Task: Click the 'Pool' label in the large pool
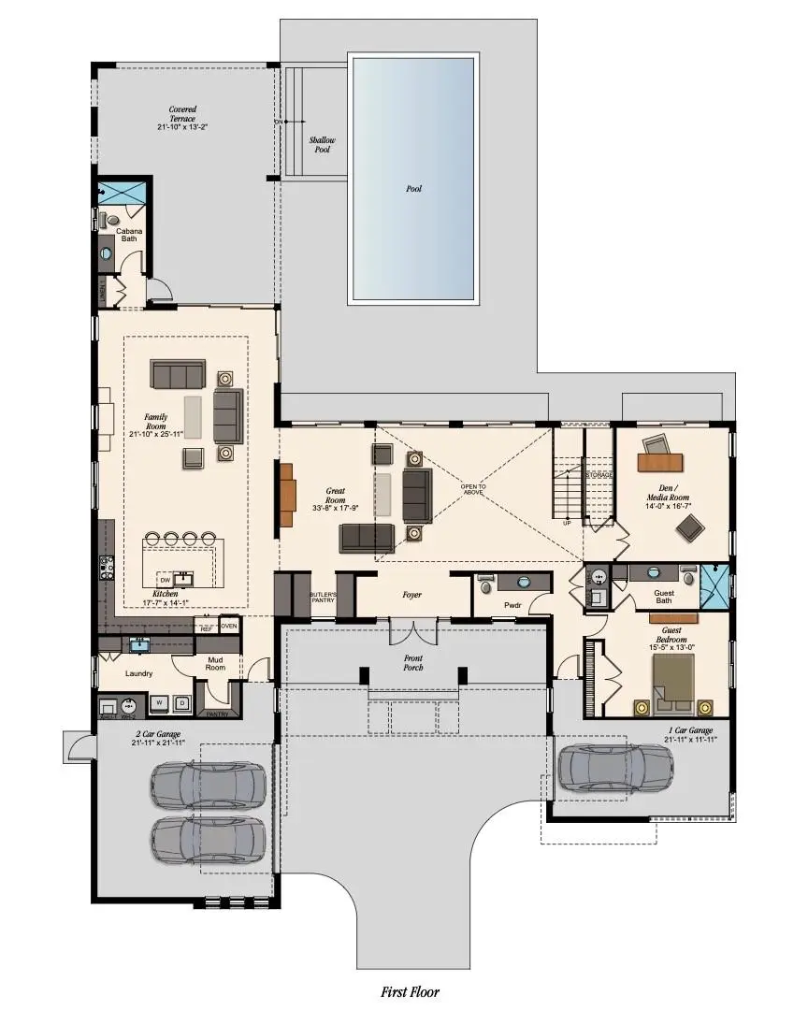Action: point(413,189)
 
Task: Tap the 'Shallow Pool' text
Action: point(322,145)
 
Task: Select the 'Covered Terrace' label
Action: point(182,117)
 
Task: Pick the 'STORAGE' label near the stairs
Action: point(599,475)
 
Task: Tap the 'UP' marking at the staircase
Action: point(567,523)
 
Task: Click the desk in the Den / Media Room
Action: point(662,460)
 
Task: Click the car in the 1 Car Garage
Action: point(615,768)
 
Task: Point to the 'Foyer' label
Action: point(412,594)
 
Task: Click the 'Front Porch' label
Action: point(413,662)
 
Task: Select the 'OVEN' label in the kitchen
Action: point(228,625)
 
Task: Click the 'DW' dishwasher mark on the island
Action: point(165,580)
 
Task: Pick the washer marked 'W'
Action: point(159,701)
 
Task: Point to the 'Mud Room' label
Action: point(216,663)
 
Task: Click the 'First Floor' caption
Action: point(410,991)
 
